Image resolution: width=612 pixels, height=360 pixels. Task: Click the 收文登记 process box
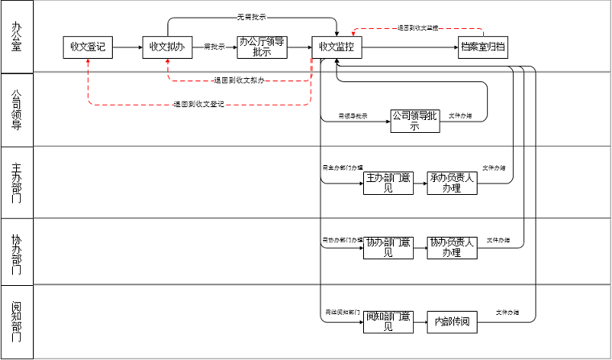[x=87, y=48]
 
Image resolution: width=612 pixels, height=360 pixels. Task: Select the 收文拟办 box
[x=167, y=48]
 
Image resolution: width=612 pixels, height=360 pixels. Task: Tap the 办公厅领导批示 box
[x=262, y=48]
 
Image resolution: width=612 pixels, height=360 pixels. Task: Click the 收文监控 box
[x=337, y=48]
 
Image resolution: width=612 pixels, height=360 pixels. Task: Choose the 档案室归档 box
[x=483, y=48]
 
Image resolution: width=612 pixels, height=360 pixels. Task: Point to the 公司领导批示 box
[x=416, y=121]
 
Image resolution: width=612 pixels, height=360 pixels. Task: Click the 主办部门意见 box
[x=389, y=184]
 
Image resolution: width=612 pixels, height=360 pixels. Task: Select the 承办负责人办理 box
[x=453, y=184]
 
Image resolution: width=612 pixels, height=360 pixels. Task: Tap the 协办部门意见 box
[x=389, y=247]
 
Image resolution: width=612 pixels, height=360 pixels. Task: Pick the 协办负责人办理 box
[x=453, y=247]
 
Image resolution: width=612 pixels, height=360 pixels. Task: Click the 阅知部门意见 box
[x=389, y=321]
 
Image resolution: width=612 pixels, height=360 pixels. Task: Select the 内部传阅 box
[x=453, y=321]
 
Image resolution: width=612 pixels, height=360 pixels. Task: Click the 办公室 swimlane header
[x=17, y=37]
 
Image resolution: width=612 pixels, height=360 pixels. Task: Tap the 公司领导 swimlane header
[x=17, y=110]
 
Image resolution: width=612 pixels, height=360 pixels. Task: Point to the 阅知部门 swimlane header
[x=17, y=321]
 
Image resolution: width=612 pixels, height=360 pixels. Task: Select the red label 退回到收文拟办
[x=240, y=81]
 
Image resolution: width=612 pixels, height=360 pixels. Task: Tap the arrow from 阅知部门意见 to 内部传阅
[x=420, y=321]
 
